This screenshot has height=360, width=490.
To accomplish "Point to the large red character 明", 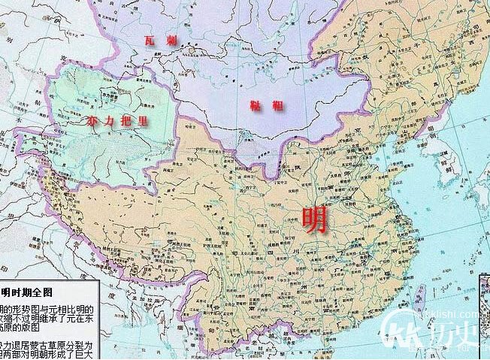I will coord(314,219).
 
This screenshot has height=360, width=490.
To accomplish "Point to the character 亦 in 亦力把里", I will coord(92,121).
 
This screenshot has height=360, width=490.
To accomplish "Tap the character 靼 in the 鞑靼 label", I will coord(277,106).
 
